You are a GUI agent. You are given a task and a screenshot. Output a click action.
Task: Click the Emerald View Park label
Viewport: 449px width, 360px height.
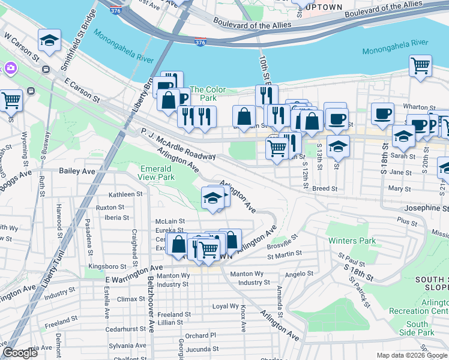click(157, 173)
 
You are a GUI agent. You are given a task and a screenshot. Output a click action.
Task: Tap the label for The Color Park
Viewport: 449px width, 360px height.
click(208, 94)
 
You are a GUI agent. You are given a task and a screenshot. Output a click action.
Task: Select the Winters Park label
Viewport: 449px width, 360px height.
click(352, 241)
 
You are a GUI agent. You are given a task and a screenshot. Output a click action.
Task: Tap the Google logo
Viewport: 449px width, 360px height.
click(20, 353)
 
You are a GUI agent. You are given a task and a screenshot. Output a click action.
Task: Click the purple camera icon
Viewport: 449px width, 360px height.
click(10, 68)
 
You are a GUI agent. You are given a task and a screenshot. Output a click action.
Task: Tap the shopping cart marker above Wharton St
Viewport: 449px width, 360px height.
click(421, 65)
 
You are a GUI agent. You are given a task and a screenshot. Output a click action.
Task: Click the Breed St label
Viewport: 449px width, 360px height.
click(325, 188)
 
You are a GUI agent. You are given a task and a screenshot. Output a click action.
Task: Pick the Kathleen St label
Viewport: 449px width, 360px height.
click(125, 194)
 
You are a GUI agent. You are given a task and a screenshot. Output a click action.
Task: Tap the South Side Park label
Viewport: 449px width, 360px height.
click(417, 328)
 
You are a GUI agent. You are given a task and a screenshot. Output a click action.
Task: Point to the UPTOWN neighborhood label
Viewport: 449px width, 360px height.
click(324, 8)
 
